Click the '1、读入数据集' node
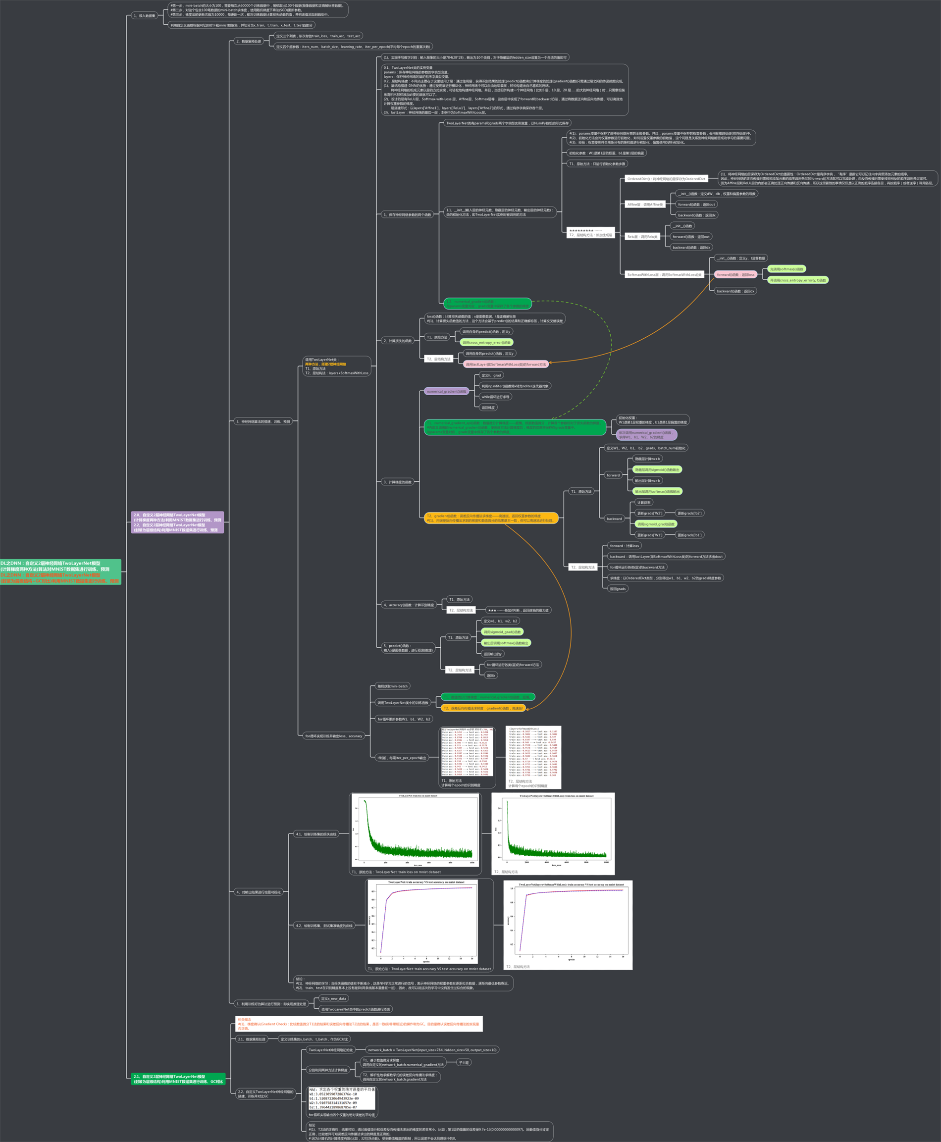tap(144, 16)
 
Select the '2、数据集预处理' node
tap(249, 41)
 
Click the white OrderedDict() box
tap(666, 179)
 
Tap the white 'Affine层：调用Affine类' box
tap(645, 205)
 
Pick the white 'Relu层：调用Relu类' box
tap(642, 237)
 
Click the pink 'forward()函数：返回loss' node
tap(735, 275)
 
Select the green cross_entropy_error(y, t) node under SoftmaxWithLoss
tap(798, 280)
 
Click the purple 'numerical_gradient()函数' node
tap(446, 391)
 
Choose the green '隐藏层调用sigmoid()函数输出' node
tap(657, 470)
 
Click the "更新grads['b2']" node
tap(689, 513)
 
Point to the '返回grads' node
tap(618, 589)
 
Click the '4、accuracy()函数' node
tap(409, 605)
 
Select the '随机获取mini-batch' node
tap(392, 686)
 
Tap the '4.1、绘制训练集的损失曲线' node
tap(316, 834)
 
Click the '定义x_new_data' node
tap(333, 998)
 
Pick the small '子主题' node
tap(464, 1062)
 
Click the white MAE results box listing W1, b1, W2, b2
tap(342, 1098)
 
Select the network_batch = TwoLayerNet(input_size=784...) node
tap(432, 1050)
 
